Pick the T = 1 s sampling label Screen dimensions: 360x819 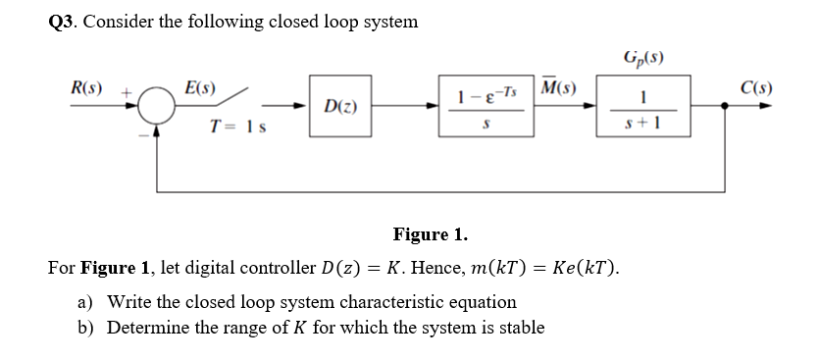click(241, 127)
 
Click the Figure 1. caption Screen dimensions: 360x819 click(430, 235)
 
